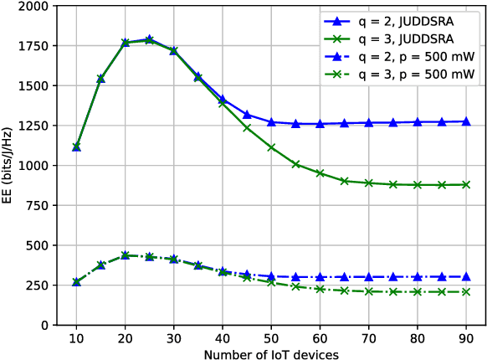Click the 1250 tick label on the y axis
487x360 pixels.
pos(34,126)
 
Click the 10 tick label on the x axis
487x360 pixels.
pos(76,341)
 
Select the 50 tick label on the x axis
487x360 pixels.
pos(272,341)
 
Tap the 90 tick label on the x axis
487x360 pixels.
pos(466,341)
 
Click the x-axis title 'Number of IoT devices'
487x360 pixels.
pos(271,354)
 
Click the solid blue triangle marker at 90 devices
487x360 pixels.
pos(466,121)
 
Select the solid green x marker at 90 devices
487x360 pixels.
pos(466,184)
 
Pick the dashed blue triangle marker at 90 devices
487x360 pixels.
pos(466,276)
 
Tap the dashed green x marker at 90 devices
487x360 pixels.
pos(466,291)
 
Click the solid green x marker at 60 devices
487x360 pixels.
pos(320,173)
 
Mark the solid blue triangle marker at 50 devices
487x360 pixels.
pos(272,122)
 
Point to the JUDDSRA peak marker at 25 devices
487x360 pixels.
pos(149,39)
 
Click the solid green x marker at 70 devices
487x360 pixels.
pos(369,183)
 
